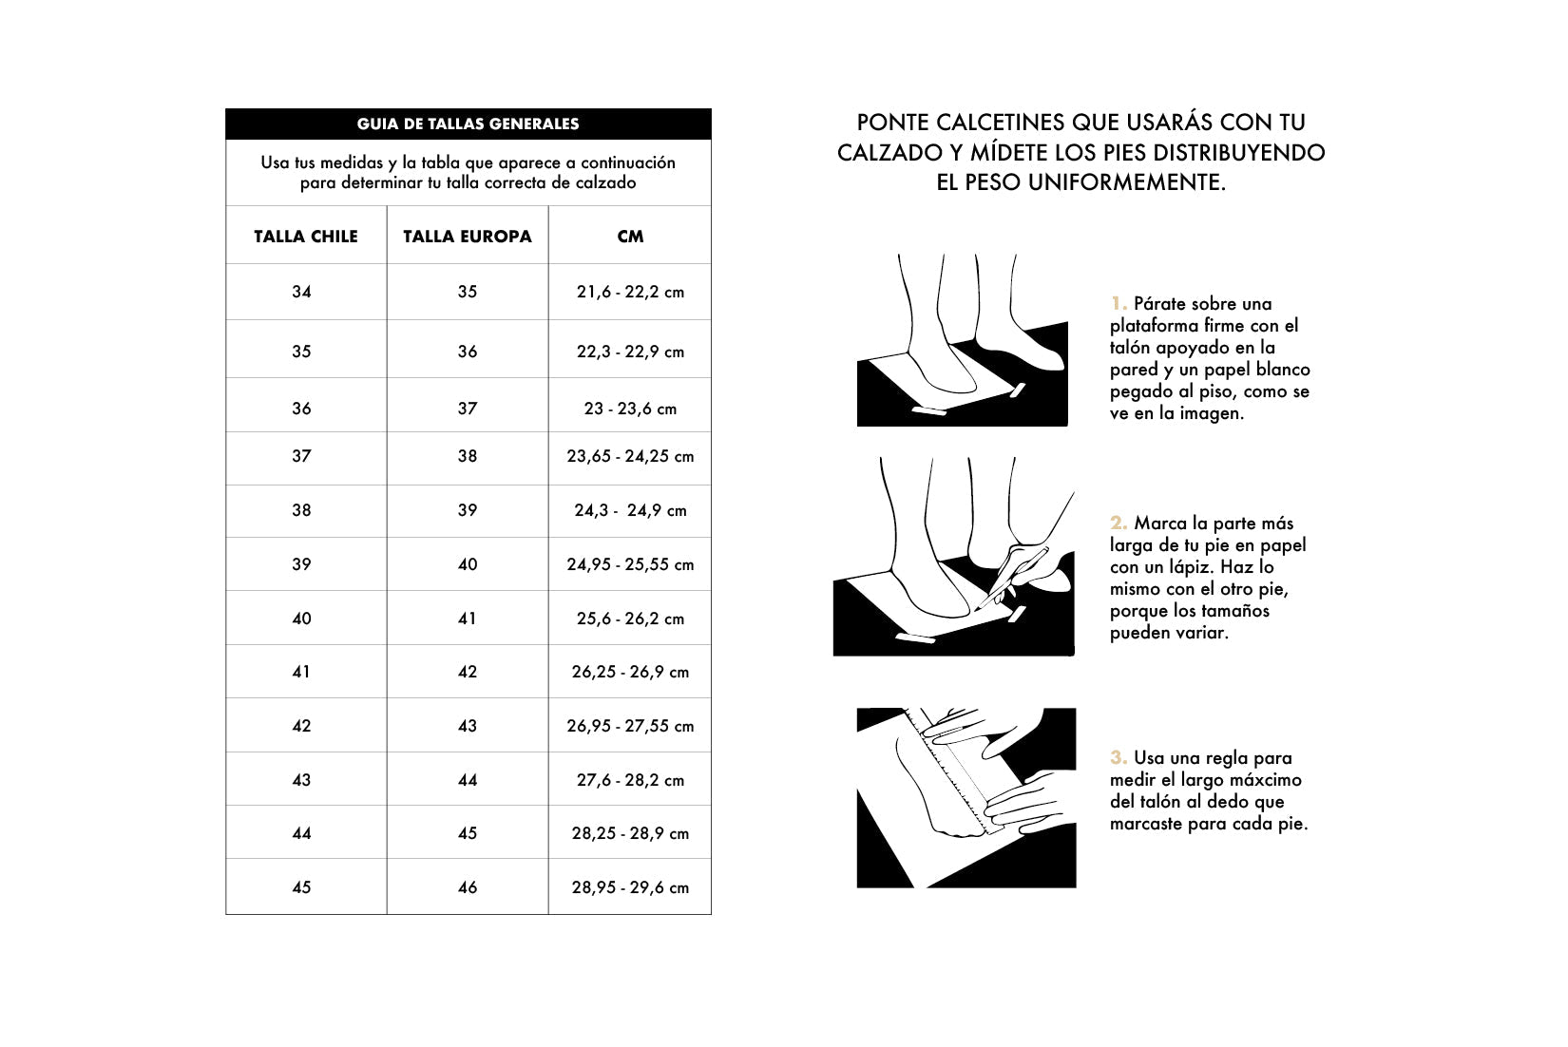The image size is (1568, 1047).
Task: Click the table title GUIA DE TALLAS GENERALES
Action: point(468,124)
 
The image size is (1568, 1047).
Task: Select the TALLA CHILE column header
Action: point(305,237)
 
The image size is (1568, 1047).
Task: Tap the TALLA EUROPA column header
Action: point(467,237)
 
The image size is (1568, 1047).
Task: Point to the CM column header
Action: point(630,237)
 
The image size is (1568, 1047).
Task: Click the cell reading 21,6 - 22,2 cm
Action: point(630,292)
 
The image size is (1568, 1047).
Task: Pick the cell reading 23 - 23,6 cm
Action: point(630,409)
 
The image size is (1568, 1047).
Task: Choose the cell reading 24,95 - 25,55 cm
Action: point(630,564)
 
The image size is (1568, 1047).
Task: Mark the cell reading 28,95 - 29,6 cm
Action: point(630,887)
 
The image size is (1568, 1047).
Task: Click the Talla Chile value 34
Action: point(301,292)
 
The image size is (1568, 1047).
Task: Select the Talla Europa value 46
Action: point(468,887)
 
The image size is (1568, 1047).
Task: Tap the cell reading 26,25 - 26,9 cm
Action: point(630,672)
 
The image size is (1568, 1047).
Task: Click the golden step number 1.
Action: point(1118,304)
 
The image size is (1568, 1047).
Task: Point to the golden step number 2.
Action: point(1119,523)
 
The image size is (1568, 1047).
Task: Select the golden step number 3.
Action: point(1119,757)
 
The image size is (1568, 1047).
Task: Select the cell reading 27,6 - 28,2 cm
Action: point(630,780)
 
